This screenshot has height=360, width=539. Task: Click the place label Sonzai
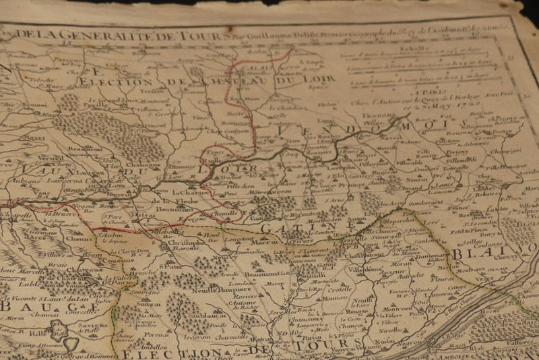pyautogui.click(x=150, y=304)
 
